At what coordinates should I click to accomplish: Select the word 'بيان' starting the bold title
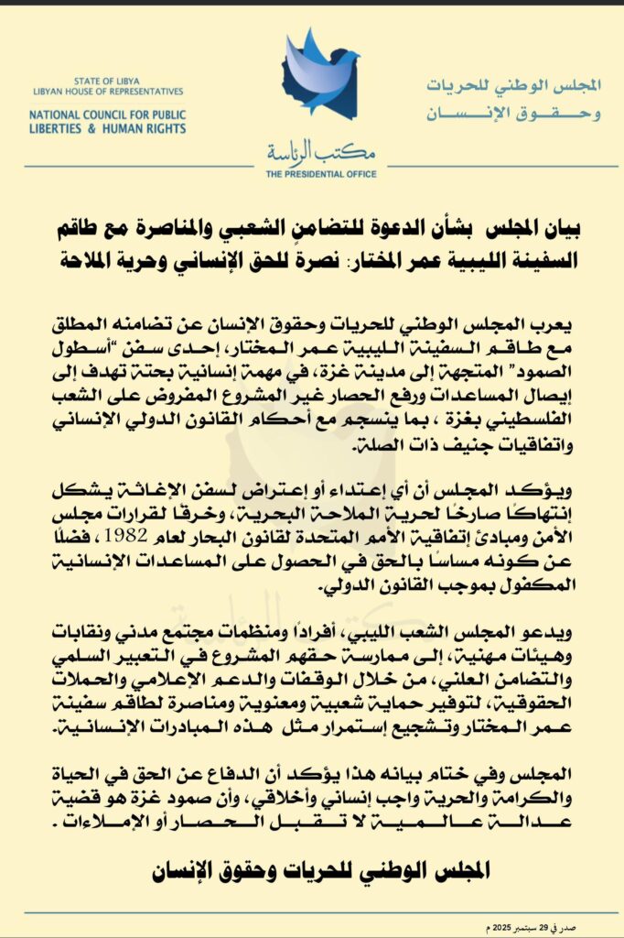click(566, 224)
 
